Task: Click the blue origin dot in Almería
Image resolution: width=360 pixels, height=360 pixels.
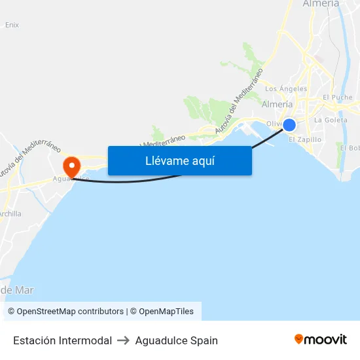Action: point(289,125)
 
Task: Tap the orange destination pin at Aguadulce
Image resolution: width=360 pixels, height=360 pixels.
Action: point(70,164)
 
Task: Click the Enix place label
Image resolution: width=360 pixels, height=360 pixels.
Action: point(12,25)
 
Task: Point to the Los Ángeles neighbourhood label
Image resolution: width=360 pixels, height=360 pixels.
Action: point(285,89)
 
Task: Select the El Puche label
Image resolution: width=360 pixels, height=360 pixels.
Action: point(338,97)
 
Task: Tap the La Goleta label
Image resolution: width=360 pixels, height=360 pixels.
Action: point(331,120)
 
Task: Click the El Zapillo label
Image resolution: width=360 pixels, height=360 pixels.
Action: point(305,139)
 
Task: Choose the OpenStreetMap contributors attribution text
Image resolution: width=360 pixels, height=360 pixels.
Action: point(65,312)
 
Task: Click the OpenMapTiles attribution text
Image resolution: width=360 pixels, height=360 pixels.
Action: point(162,312)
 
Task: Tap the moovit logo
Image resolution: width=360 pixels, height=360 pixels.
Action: point(320,339)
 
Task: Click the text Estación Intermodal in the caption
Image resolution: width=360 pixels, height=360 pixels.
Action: point(62,340)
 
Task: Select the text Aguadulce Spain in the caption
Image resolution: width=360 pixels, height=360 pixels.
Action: point(176,340)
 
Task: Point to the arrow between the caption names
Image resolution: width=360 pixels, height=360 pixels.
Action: point(124,340)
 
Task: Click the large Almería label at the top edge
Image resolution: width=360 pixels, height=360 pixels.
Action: point(321,4)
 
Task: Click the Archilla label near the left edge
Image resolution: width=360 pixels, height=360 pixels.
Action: point(10,213)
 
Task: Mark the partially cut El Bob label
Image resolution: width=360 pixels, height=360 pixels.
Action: point(350,148)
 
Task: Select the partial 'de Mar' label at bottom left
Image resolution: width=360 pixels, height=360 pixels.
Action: point(17,290)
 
